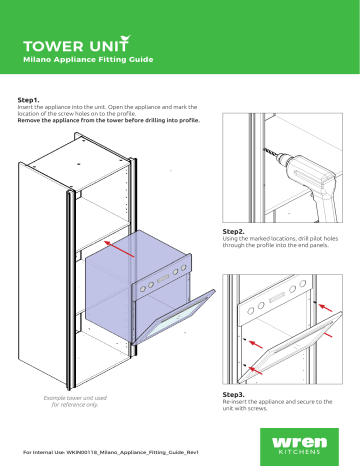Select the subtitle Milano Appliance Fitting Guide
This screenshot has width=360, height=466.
coord(94,61)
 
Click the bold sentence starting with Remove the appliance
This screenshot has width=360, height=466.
coord(109,120)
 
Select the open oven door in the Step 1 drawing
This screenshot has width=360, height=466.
coord(176,317)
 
